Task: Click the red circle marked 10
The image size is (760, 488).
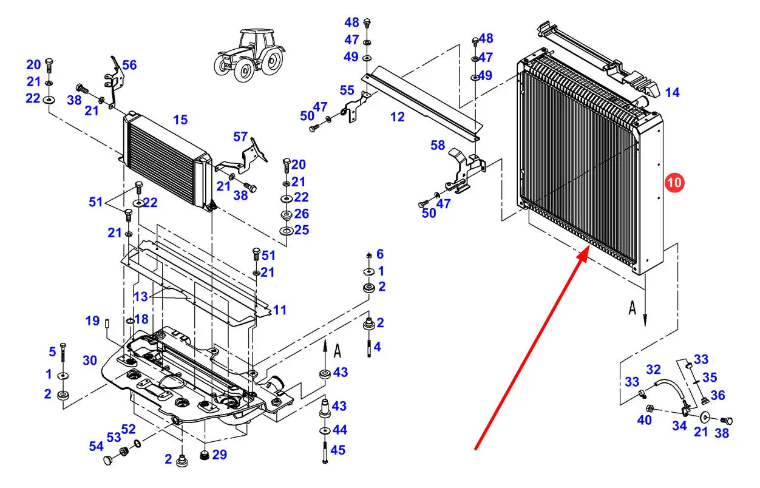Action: tap(675, 182)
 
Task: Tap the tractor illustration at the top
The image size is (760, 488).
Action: tap(249, 54)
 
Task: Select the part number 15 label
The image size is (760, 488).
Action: tap(180, 120)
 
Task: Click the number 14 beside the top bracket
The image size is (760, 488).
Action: tap(672, 93)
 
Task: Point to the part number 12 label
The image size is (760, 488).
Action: tap(398, 117)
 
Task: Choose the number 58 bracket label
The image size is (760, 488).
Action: tap(438, 146)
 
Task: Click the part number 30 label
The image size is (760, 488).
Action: tap(90, 361)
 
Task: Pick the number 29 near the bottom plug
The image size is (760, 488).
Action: tap(219, 454)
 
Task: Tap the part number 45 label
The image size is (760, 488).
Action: tap(339, 450)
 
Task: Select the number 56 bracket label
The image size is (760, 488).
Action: tap(129, 65)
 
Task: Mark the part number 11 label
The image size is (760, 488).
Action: tap(279, 310)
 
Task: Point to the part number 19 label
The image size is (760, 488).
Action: tap(92, 320)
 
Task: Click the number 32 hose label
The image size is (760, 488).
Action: tap(653, 369)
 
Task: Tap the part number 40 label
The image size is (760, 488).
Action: tap(644, 420)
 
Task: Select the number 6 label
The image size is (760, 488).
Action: tap(380, 254)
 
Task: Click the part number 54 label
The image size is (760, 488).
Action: tap(96, 446)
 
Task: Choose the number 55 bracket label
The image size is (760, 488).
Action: tap(347, 90)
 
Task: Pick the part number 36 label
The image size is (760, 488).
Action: tap(718, 395)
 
